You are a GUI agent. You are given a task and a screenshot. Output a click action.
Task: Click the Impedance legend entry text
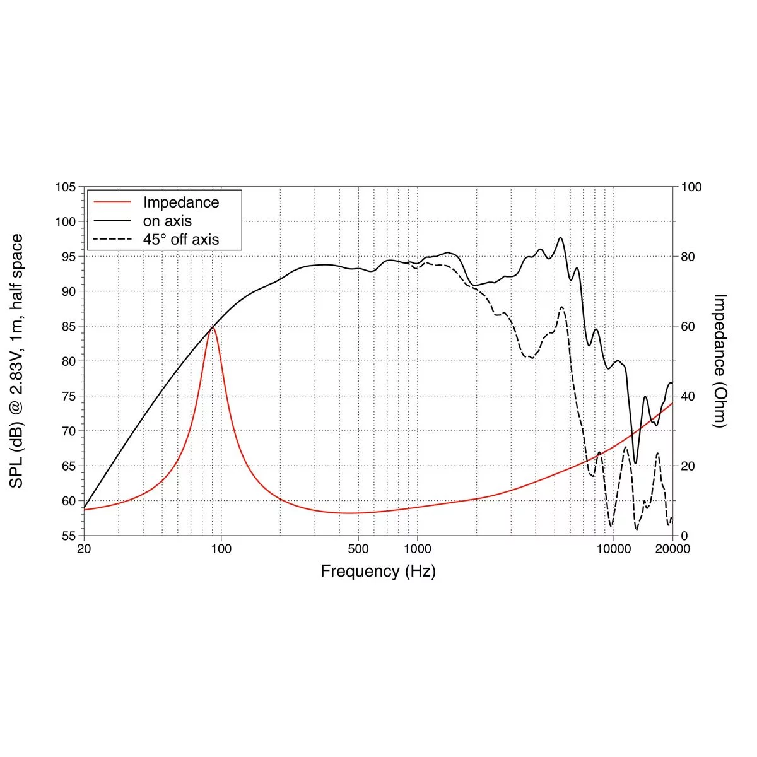pos(181,202)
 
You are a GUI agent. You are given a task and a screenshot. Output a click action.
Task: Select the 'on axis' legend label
pos(167,221)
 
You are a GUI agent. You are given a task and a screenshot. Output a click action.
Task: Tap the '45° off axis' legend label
pos(181,239)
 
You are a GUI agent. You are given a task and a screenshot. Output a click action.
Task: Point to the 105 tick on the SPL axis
pos(66,187)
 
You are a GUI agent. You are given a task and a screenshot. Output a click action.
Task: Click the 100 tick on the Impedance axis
pos(691,187)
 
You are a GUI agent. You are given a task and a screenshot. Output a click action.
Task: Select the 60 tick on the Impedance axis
pos(688,327)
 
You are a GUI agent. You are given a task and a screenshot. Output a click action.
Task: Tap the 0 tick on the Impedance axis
pos(684,536)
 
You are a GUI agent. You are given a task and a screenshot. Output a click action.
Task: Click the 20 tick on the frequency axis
pos(84,549)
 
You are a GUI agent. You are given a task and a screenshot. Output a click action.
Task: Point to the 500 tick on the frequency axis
pos(358,549)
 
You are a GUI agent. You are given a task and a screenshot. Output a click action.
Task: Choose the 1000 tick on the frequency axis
pos(417,549)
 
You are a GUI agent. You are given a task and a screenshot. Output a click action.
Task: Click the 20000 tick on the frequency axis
pos(672,549)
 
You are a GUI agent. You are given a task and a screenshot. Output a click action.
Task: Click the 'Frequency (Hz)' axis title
pos(378,572)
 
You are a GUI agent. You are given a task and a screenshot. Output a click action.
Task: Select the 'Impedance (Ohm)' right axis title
pos(720,361)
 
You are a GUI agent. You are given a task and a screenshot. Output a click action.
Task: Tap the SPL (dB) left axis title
pos(17,361)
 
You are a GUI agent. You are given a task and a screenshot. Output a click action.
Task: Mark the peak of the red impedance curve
pos(213,327)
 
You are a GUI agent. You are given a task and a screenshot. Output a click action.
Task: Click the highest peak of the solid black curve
pos(560,238)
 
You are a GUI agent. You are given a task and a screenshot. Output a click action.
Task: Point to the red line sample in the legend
pos(112,202)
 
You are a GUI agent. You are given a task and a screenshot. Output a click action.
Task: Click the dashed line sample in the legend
pos(112,239)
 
